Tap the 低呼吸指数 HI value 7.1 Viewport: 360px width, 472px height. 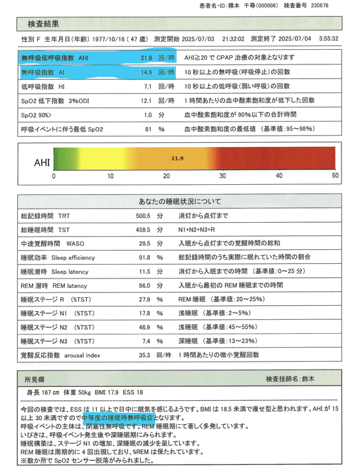[148, 86]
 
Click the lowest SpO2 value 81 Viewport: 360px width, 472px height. [148, 129]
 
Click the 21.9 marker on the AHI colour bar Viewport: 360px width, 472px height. [177, 159]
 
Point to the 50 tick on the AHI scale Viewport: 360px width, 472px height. [335, 176]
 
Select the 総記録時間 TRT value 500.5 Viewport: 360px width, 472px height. [143, 217]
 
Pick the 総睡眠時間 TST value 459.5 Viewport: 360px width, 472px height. [143, 231]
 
